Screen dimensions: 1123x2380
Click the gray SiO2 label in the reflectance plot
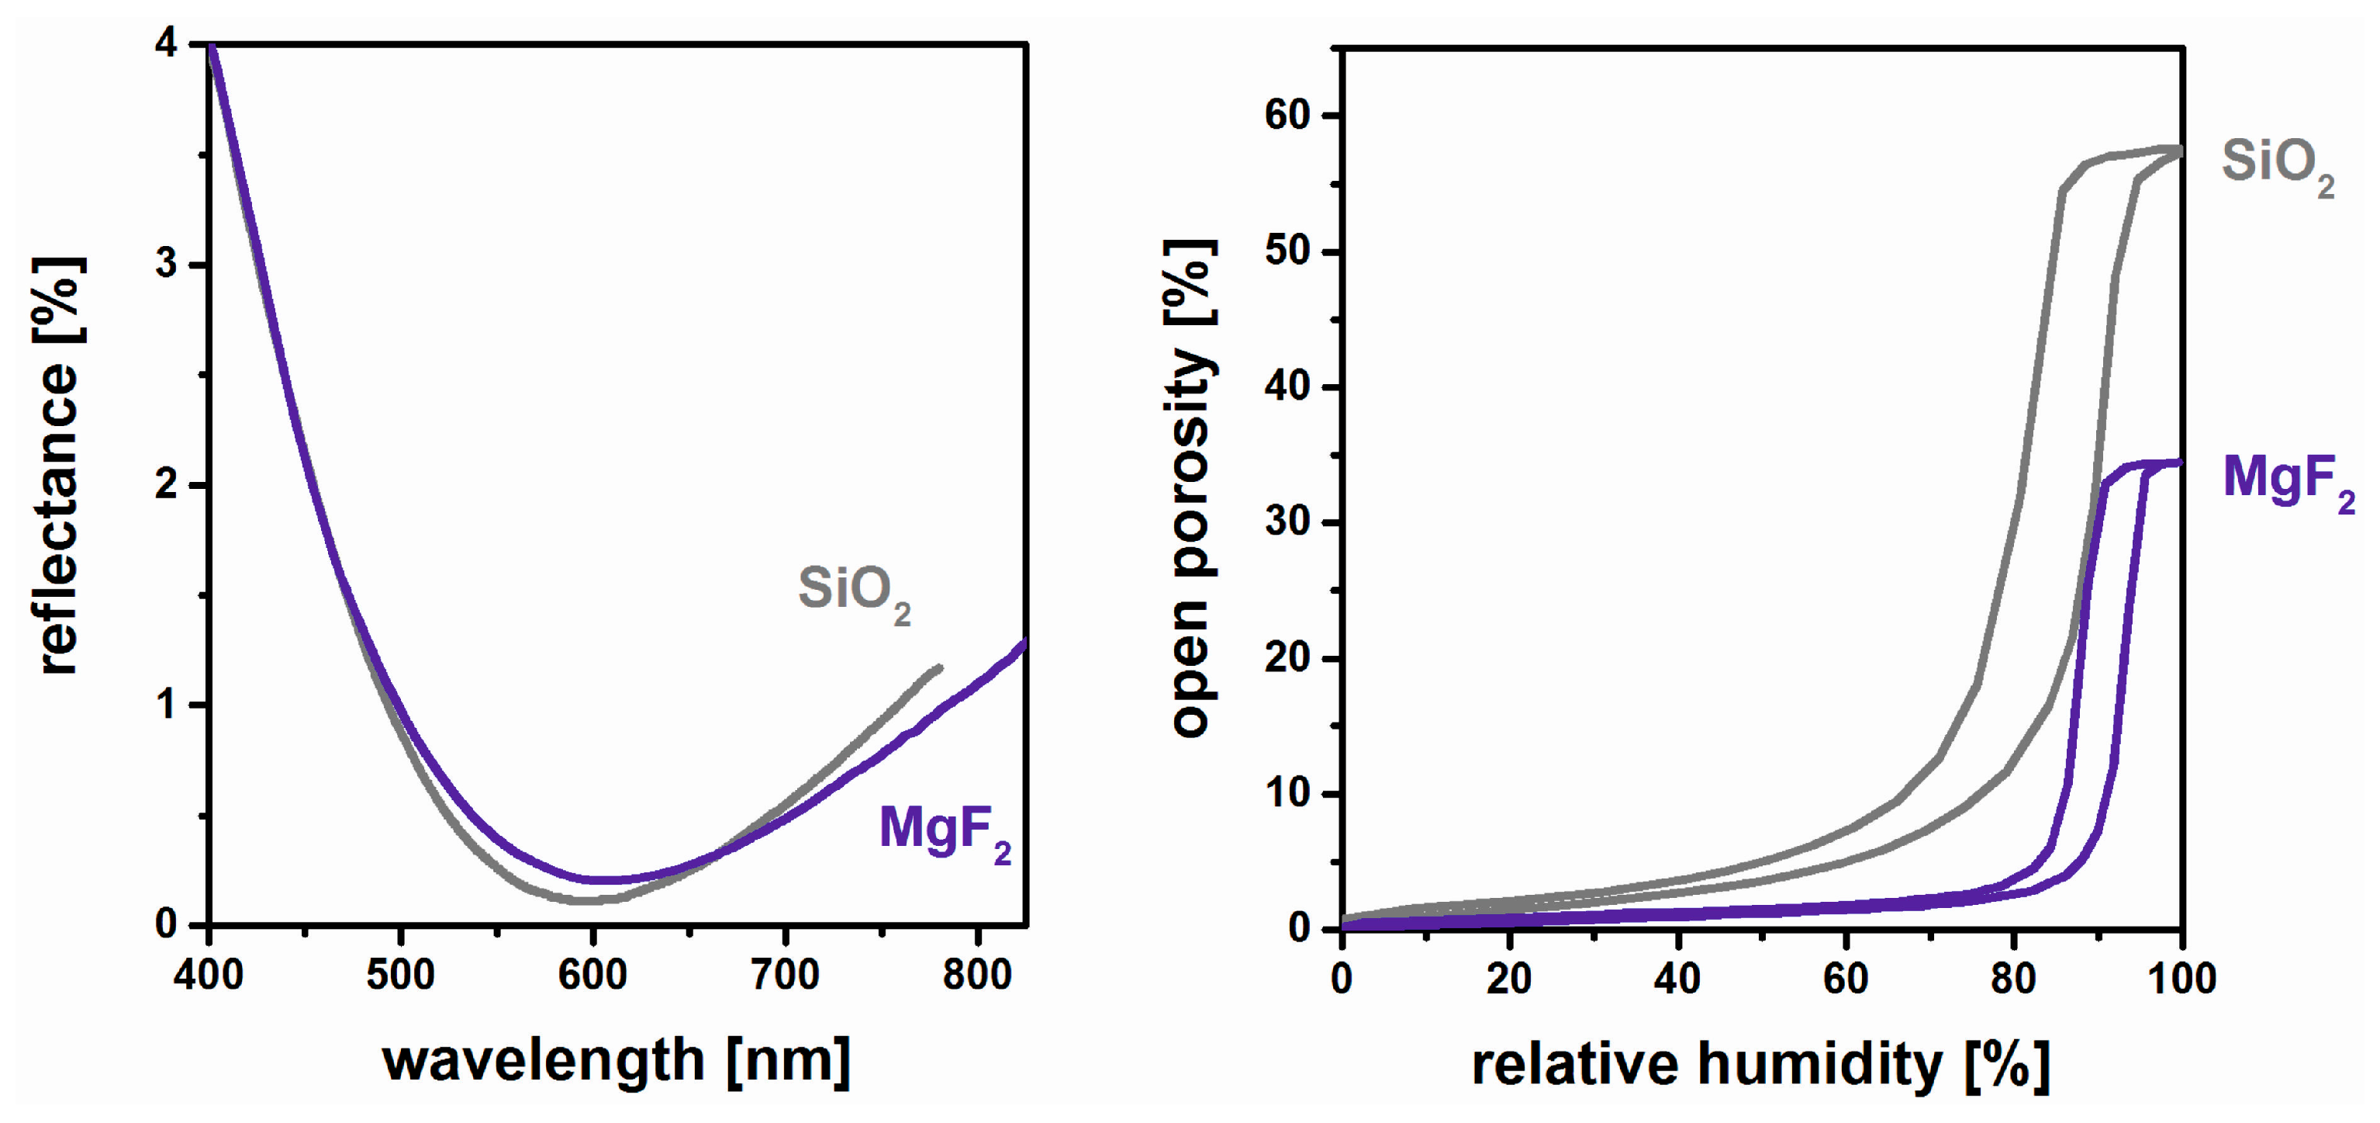click(853, 591)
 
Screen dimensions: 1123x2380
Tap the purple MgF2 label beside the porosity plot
click(2287, 480)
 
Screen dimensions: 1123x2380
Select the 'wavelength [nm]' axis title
click(617, 1060)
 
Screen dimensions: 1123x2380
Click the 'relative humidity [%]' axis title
click(1760, 1064)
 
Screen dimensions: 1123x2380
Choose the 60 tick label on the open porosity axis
click(1287, 116)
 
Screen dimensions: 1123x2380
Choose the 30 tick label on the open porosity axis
click(1287, 522)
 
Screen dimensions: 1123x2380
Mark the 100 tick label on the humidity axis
click(2181, 978)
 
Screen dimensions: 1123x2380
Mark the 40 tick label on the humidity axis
click(1677, 978)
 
